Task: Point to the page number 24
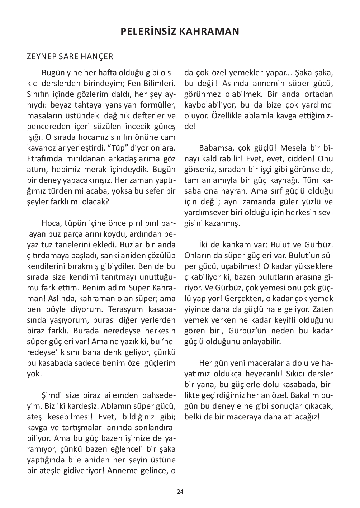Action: (180, 492)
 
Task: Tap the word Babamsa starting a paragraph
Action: (213, 148)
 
